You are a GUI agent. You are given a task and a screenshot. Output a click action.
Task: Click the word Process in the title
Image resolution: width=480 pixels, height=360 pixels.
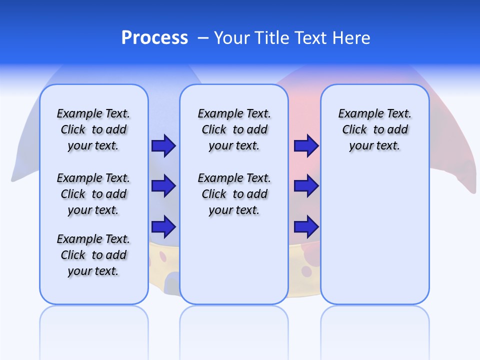coord(154,38)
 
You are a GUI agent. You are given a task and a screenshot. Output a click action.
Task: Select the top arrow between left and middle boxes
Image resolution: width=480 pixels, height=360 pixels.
coord(163,146)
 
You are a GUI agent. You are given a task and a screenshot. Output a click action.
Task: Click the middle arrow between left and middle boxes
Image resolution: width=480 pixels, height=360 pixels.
coord(163,186)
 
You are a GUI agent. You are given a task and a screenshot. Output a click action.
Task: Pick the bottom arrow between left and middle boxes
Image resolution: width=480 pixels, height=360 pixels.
coord(163,227)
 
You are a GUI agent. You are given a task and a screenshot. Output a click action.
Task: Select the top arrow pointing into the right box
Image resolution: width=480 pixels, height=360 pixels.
coord(306,146)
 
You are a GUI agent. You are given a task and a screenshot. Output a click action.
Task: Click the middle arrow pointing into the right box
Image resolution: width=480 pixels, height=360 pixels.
coord(306,186)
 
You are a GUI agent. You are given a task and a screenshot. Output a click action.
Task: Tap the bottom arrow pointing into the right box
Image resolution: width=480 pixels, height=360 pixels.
coord(306,227)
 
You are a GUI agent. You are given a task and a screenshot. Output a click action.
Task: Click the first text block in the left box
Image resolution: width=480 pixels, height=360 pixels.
coord(93,129)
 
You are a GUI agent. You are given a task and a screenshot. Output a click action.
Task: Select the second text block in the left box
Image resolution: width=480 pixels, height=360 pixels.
coord(93,194)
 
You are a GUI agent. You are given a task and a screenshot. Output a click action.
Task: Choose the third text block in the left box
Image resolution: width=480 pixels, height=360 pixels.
coord(93,255)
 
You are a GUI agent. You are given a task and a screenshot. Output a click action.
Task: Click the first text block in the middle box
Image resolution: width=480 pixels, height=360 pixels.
coord(234,129)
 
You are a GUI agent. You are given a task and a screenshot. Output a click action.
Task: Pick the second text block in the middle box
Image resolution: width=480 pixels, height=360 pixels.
coord(234,194)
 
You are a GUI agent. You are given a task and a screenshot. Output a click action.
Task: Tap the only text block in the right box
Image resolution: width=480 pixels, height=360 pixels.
coord(374,129)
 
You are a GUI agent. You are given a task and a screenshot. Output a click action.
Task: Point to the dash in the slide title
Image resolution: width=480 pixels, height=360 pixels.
coord(203,38)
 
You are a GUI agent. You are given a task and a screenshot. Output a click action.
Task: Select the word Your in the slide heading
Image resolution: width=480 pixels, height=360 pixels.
coord(232,38)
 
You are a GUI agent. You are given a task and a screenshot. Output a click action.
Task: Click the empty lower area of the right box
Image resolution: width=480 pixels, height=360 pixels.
coord(374,240)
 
